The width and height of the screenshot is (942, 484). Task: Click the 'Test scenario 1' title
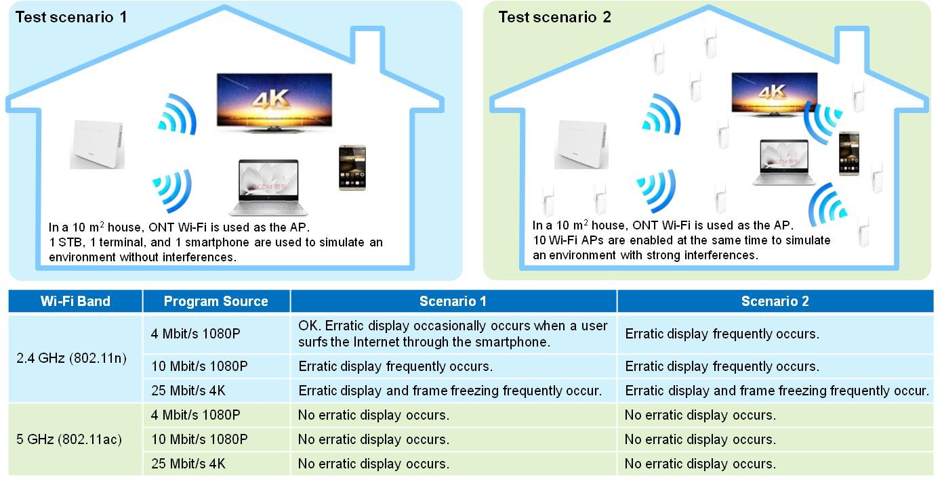tap(70, 17)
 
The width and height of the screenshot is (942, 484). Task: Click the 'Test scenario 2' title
tap(554, 17)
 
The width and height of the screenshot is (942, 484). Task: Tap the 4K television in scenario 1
tap(274, 102)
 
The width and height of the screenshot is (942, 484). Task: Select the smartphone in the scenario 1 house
tap(352, 167)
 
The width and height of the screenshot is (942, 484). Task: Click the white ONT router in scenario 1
tap(97, 144)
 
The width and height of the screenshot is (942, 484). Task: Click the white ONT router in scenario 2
tap(581, 144)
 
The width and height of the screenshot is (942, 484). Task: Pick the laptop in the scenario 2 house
tap(784, 162)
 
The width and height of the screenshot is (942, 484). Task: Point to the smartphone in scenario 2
tap(848, 153)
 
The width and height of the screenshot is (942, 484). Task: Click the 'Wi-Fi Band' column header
tap(75, 301)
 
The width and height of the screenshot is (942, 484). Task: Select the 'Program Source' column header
tap(216, 301)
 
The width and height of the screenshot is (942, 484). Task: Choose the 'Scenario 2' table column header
tap(775, 301)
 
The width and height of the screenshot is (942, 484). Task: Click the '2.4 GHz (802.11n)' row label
tap(71, 358)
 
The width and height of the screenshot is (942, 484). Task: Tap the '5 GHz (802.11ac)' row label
tap(69, 439)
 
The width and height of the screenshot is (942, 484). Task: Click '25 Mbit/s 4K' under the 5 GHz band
tap(188, 464)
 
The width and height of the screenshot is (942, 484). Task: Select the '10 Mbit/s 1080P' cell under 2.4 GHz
tap(199, 366)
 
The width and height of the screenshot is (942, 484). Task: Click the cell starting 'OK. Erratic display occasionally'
tap(453, 334)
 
